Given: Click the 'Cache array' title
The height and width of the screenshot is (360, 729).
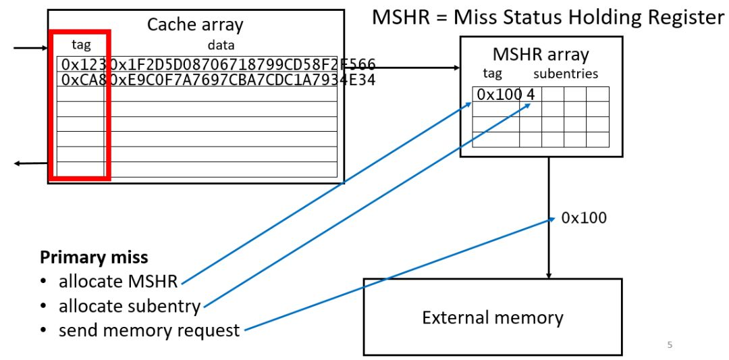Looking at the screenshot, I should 195,25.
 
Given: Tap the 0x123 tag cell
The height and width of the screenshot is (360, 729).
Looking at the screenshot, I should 80,65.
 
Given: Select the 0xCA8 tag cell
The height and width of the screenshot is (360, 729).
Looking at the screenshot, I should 80,80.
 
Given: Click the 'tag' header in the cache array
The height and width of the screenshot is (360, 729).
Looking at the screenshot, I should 80,45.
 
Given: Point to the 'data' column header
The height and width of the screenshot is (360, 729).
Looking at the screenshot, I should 221,45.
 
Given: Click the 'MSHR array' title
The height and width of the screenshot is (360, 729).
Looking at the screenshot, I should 541,54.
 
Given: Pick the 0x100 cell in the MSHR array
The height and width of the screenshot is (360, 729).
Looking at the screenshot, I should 496,95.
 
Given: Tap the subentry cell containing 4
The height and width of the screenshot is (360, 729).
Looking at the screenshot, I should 531,95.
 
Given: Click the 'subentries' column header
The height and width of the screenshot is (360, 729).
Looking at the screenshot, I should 566,74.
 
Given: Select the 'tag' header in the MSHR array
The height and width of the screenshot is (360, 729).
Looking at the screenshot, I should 492,74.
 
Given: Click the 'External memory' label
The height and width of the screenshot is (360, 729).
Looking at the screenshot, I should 493,317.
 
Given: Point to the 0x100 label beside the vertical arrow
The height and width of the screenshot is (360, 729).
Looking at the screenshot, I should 584,217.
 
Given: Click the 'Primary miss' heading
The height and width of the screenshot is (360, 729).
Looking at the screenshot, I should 94,257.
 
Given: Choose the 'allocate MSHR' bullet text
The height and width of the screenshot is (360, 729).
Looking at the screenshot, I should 117,281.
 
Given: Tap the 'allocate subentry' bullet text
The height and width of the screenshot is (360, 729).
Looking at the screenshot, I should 130,306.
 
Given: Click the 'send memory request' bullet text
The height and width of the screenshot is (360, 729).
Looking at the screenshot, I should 149,330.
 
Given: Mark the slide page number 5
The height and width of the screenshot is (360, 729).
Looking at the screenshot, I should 670,345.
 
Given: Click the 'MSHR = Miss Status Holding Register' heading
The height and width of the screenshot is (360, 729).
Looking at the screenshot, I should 548,17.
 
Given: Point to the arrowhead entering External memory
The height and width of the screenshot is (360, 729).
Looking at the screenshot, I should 548,276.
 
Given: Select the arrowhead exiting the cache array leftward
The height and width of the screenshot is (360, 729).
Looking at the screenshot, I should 19,163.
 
